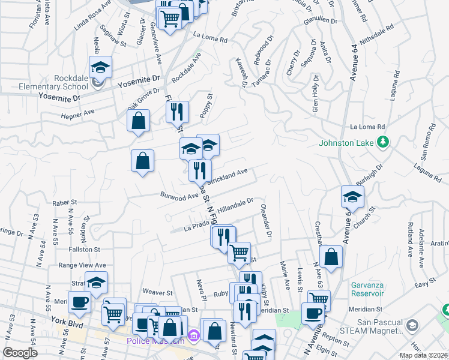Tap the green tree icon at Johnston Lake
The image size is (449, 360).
[x=382, y=143]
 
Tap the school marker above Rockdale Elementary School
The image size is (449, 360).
[x=100, y=68]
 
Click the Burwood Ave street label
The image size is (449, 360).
[x=179, y=195]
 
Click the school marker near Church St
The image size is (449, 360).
[x=352, y=197]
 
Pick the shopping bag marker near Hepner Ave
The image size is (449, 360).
[x=139, y=121]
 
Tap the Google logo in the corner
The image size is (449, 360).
[x=20, y=352]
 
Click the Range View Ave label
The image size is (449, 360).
[x=82, y=265]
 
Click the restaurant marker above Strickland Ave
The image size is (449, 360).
[x=176, y=112]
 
